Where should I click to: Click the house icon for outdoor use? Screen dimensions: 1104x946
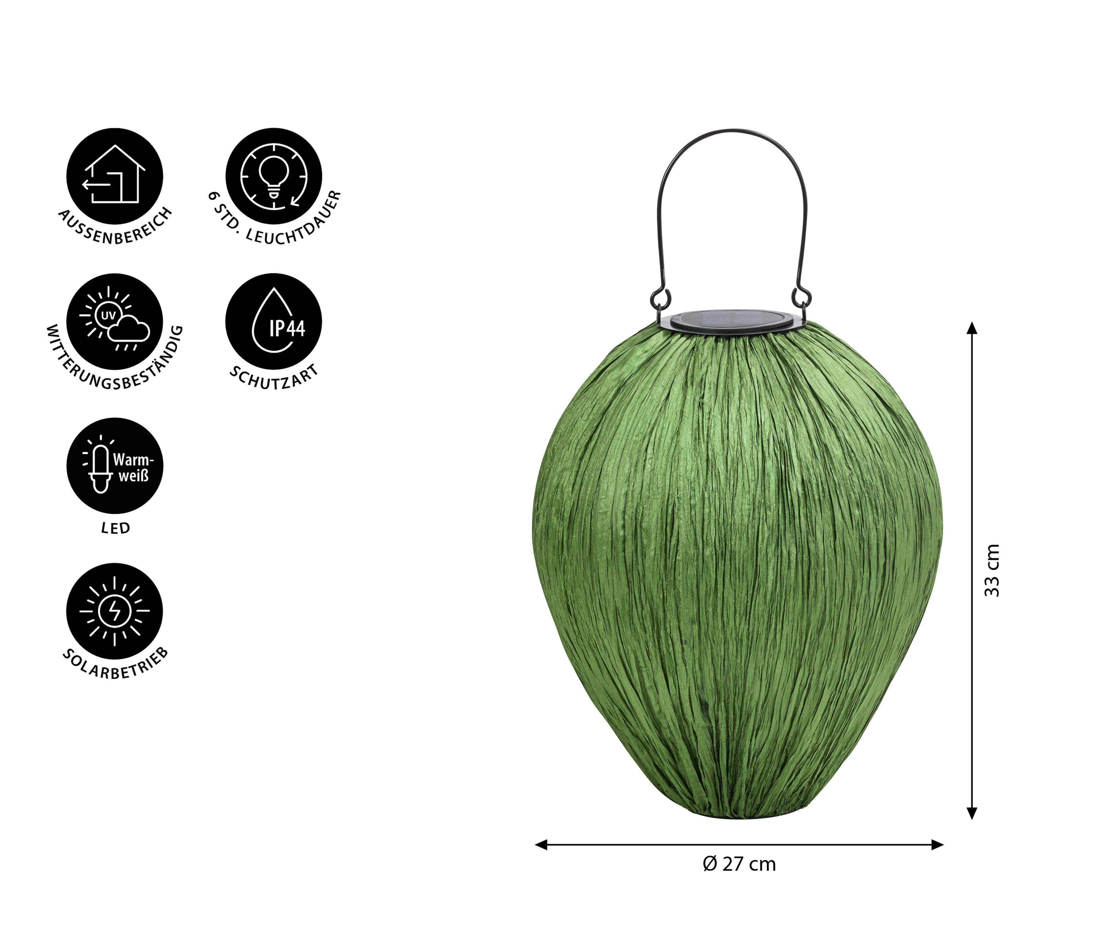(114, 176)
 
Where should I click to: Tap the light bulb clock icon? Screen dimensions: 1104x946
(273, 176)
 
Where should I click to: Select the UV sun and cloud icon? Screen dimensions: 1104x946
(114, 322)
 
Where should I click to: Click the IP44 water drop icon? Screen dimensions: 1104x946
(273, 322)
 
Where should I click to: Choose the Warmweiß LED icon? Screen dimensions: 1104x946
(114, 466)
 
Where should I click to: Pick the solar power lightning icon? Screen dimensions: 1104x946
(114, 611)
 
